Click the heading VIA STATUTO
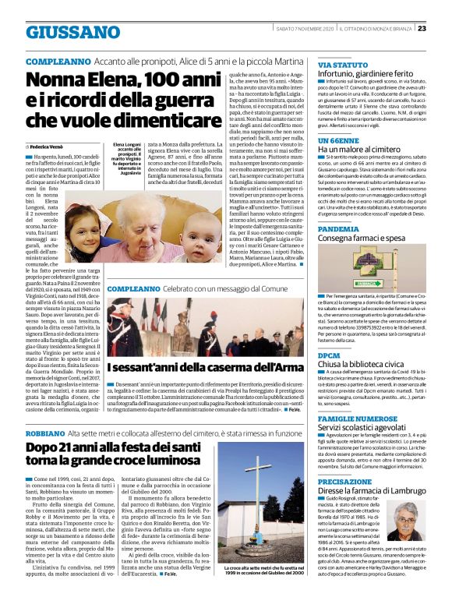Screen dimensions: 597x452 [343, 64]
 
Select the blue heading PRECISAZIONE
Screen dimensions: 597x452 [344, 482]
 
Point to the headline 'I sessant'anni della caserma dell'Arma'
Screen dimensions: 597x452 [205, 368]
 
